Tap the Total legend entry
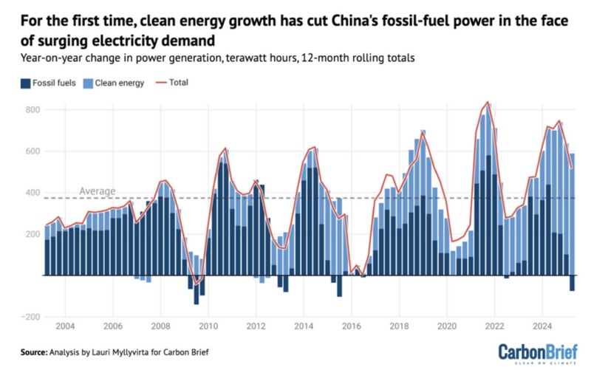178,83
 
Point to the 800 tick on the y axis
31,110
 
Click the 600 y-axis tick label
31,151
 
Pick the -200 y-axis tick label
29,317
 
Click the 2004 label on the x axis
64,326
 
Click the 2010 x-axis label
208,326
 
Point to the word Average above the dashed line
98,192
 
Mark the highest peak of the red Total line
488,102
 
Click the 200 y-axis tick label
31,234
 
